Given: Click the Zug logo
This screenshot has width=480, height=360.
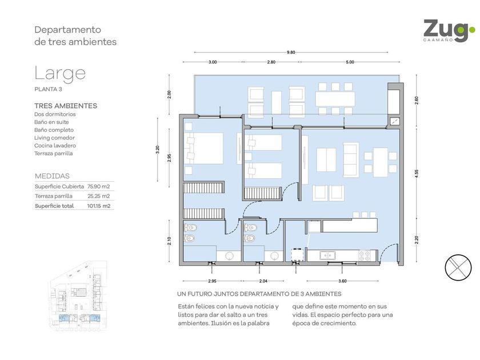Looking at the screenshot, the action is [x=449, y=31].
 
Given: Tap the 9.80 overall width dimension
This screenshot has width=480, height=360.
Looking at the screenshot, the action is [x=291, y=53].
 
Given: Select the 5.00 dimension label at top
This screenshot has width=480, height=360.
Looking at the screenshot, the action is [x=350, y=62].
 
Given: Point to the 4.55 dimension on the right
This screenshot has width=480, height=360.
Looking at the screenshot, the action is [x=417, y=174].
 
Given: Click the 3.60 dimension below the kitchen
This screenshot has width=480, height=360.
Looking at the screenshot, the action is [x=342, y=281].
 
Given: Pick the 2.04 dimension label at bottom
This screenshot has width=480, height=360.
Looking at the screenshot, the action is [x=263, y=281].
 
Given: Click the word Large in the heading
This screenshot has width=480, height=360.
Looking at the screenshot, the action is [x=60, y=74].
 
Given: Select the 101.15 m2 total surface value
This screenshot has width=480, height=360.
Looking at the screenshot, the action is [x=98, y=206].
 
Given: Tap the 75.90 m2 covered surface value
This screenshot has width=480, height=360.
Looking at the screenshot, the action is [x=98, y=186].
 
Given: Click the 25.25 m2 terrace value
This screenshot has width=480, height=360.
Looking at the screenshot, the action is [x=98, y=196].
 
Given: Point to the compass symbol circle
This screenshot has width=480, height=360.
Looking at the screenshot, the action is [x=458, y=267].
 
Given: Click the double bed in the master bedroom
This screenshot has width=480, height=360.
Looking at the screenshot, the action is [x=204, y=148].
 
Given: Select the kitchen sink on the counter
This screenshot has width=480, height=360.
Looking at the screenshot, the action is [x=327, y=255].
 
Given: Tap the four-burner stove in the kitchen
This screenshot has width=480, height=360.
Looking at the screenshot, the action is [x=365, y=255].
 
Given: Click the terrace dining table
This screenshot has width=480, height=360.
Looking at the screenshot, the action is [x=335, y=99].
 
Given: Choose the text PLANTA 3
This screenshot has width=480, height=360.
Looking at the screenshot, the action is [x=48, y=89].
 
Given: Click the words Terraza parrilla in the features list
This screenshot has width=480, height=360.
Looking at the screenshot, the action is [x=54, y=154].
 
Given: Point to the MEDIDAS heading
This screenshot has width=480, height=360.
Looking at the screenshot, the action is [x=52, y=176].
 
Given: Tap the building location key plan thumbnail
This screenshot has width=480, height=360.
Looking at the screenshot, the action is [x=78, y=296].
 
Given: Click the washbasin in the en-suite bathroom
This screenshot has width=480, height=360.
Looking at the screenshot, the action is [x=229, y=255].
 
